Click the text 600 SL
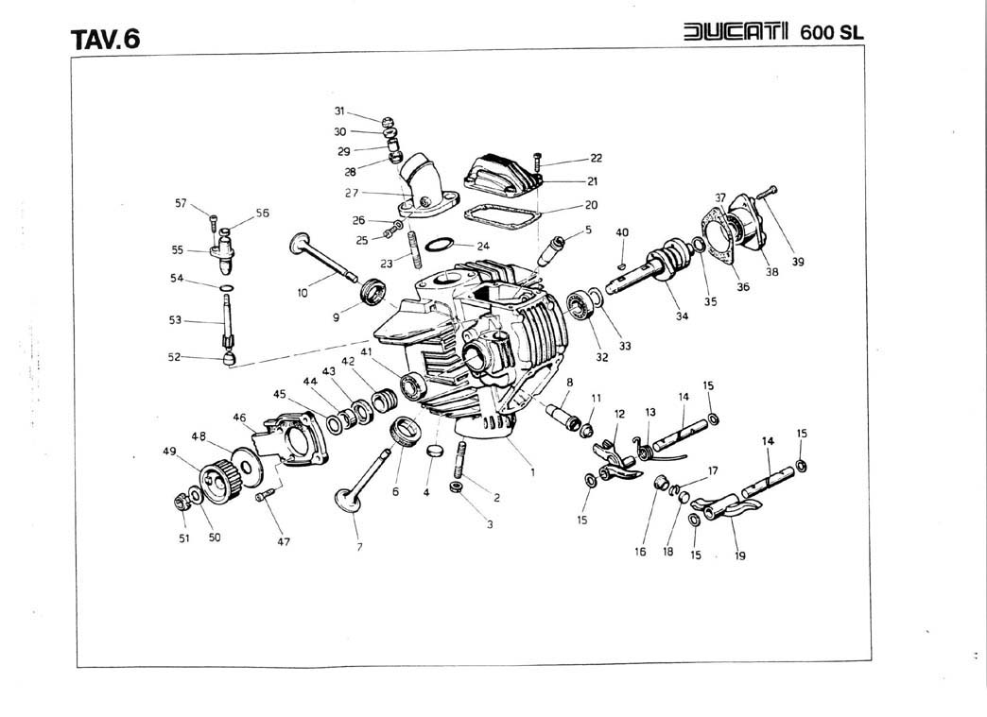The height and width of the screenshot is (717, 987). point(832,31)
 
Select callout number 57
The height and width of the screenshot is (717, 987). point(181,203)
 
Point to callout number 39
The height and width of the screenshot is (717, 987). point(798,263)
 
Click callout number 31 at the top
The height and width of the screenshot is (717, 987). point(340,111)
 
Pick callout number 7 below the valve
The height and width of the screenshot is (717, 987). point(359,547)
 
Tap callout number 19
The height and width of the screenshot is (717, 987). point(740,556)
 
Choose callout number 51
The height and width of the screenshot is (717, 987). point(184,538)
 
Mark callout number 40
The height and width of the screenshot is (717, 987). point(622,232)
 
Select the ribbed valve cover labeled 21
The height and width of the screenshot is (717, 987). point(501,172)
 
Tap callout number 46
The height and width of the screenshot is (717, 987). point(239,417)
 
